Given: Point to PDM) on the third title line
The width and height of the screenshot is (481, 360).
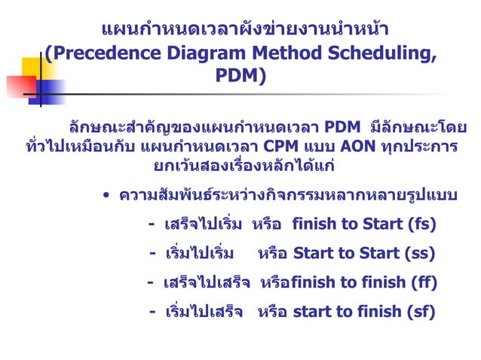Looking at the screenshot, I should pos(240,76).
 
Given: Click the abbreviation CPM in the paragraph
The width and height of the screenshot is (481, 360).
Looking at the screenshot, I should pos(280,146).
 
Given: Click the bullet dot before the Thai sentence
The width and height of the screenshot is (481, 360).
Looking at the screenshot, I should pos(108,198).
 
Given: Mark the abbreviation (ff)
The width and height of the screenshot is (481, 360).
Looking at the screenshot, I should pos(422,282).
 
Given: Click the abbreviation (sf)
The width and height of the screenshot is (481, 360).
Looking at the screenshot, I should pos(420,311).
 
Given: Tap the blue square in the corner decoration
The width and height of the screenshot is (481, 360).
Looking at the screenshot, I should pos(51,90).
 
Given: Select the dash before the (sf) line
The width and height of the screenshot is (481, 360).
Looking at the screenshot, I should pos(153,311).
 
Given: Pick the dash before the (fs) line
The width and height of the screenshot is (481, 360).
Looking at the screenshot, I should pos(152,224).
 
